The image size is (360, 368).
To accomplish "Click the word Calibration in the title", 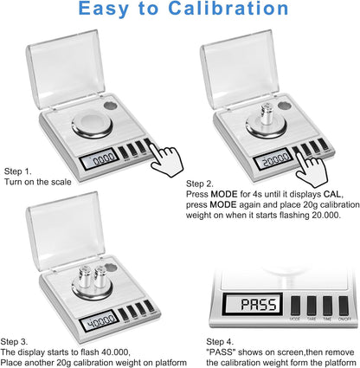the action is (228, 9).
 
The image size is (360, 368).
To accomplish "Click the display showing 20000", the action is (272, 159).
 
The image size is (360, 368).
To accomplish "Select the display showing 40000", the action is (100, 320).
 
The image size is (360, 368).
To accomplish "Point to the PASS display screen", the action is (253, 305).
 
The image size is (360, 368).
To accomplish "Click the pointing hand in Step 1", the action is (167, 161).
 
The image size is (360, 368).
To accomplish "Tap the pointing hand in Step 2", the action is (312, 169).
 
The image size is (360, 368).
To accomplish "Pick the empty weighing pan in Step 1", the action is (92, 125).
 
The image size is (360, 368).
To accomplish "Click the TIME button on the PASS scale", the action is (327, 306).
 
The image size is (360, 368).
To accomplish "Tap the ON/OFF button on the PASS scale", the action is (344, 306).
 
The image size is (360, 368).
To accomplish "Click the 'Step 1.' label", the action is (18, 171).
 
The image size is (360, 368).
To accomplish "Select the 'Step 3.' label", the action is (15, 342).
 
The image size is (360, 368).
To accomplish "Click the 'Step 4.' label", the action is (220, 342).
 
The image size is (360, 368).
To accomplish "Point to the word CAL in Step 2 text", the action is (333, 194).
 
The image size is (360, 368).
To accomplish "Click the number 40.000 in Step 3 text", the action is (115, 352).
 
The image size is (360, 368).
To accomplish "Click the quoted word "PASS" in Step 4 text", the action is (221, 352).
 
